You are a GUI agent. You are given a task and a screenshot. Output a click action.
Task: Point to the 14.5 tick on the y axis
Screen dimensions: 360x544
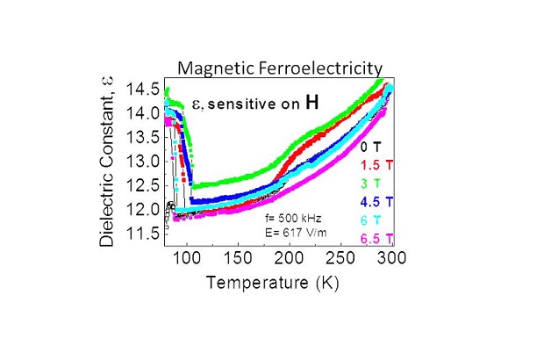pyautogui.click(x=143, y=89)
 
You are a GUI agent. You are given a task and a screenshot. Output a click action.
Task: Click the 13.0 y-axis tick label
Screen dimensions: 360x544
pyautogui.click(x=143, y=162)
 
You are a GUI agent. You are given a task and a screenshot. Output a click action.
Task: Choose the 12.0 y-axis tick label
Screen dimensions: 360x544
pyautogui.click(x=143, y=210)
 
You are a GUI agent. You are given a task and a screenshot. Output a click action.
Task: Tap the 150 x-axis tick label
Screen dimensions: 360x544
pyautogui.click(x=236, y=258)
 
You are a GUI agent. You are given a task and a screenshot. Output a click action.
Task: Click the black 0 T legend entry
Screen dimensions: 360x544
pyautogui.click(x=371, y=146)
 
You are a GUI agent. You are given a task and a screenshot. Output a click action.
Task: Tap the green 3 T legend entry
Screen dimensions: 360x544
pyautogui.click(x=371, y=183)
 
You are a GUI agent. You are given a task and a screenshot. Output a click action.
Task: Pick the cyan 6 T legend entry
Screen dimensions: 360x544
pyautogui.click(x=371, y=220)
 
